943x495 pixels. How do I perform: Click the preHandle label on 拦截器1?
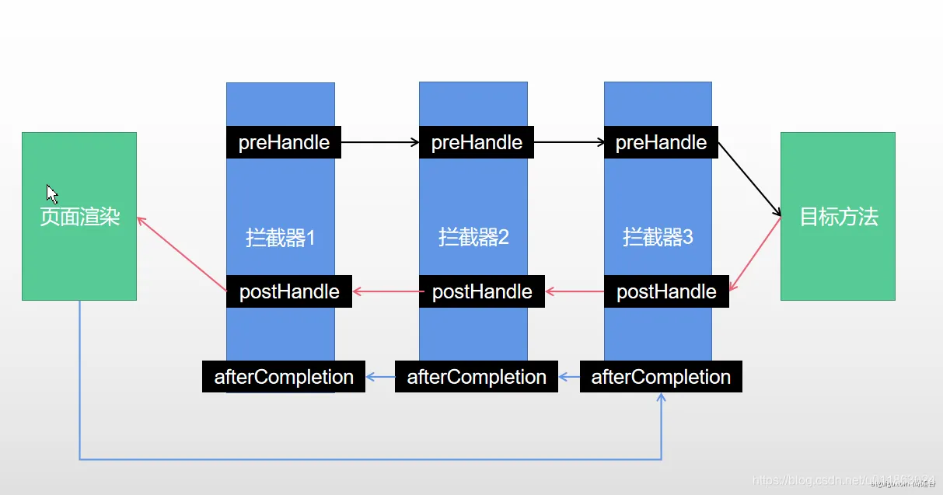tap(284, 143)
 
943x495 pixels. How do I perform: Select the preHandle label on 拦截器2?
tap(477, 143)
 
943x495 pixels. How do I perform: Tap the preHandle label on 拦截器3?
tap(661, 143)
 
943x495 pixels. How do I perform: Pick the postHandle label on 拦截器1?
tap(289, 291)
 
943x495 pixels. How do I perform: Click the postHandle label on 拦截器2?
tap(482, 291)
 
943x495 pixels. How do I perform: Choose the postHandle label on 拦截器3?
tap(666, 291)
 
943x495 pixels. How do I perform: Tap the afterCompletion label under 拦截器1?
tap(284, 377)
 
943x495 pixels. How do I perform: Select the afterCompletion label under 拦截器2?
tap(477, 377)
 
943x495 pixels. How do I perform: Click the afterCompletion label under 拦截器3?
tap(661, 377)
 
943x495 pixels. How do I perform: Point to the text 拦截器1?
tap(281, 237)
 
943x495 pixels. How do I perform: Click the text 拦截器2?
tap(473, 236)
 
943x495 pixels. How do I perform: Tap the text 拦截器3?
tap(658, 236)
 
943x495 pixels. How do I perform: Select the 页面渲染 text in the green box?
tap(79, 216)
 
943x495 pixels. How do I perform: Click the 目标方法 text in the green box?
tap(838, 216)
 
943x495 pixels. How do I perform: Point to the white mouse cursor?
tap(51, 193)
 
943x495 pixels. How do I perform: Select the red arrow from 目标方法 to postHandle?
tap(755, 255)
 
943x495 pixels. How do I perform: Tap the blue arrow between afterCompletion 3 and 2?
tap(569, 378)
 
